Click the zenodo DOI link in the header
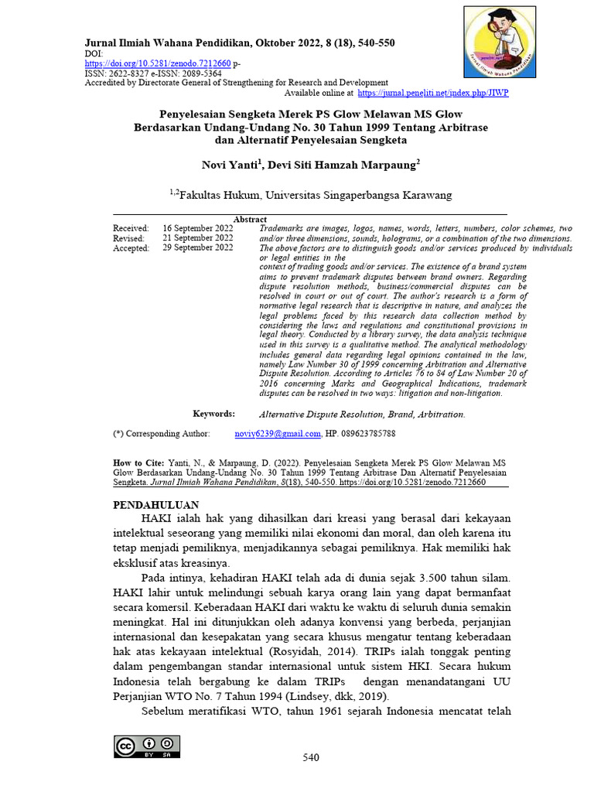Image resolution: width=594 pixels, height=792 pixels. point(157,63)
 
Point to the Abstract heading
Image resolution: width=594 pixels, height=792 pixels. point(250,220)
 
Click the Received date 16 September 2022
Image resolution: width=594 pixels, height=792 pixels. point(197,229)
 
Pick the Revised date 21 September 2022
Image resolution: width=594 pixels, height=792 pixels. point(197,239)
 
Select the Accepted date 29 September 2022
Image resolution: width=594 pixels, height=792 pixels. point(197,249)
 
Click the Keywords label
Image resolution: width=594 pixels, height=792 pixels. point(213,415)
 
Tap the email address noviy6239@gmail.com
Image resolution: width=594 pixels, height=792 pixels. point(277,435)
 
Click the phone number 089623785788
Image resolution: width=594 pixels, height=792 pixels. point(369,435)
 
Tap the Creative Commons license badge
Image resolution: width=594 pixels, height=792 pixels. point(147,746)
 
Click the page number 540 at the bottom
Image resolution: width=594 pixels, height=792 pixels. point(310,758)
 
